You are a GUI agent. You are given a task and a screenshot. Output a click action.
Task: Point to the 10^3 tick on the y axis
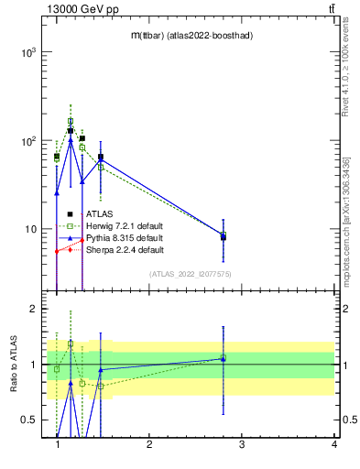(27, 53)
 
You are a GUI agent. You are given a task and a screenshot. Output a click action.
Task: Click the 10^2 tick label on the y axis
(27, 141)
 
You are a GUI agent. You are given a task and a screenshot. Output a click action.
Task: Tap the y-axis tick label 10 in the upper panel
(29, 229)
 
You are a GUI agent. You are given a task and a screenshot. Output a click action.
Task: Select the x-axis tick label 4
(334, 444)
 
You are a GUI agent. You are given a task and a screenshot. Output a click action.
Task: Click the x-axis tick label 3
(242, 444)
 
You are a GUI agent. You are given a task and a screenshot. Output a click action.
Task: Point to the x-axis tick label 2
(149, 444)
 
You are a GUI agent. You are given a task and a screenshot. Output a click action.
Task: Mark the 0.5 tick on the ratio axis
(29, 420)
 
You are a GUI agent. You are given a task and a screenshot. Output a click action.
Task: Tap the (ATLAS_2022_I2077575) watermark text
(191, 274)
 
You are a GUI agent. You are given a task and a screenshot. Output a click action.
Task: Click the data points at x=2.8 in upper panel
(223, 236)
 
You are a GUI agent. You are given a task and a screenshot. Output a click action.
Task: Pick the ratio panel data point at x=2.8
(223, 358)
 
